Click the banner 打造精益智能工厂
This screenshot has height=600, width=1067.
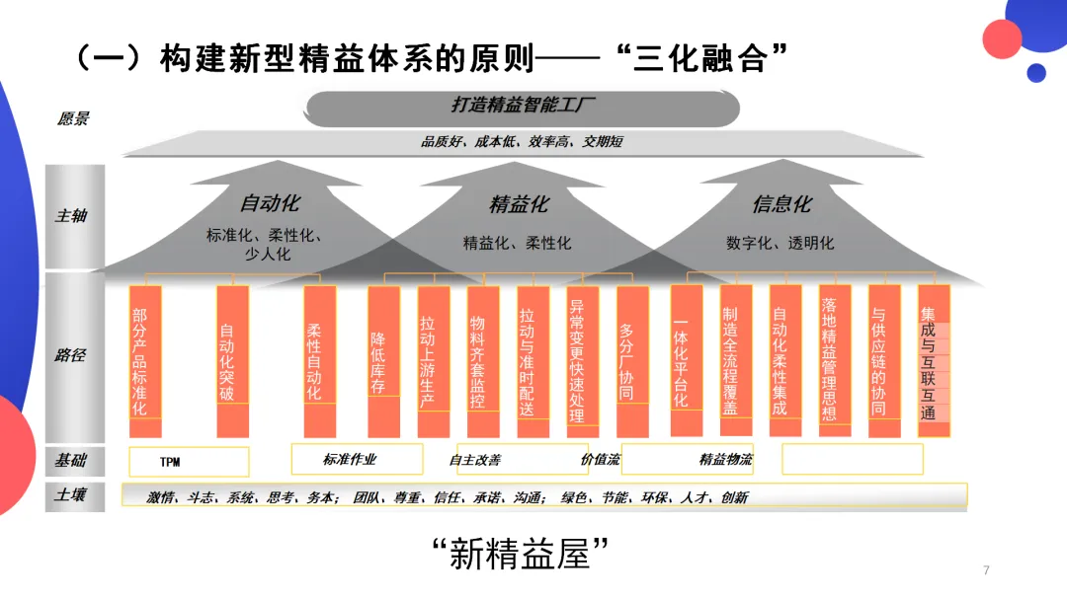tap(524, 107)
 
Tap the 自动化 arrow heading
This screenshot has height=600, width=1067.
tap(270, 204)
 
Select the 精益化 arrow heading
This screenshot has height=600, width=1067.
tap(519, 204)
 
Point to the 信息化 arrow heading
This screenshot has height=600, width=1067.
tap(781, 204)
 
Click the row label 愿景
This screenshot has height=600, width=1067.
tap(73, 119)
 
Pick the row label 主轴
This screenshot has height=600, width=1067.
tap(71, 215)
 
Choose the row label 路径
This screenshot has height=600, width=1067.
tap(70, 354)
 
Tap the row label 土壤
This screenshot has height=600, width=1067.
tap(70, 493)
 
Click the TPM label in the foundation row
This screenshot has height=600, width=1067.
tap(170, 462)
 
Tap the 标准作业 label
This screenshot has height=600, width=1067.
tap(350, 459)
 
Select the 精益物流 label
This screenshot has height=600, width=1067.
tap(725, 459)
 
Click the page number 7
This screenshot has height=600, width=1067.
tap(985, 569)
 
